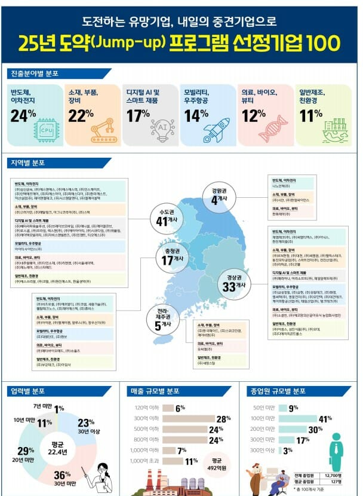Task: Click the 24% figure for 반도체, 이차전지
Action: point(23,115)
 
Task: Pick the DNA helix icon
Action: point(273,128)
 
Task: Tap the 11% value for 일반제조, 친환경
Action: point(310,115)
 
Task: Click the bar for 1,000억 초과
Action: point(173,461)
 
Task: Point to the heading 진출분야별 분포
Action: point(36,74)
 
